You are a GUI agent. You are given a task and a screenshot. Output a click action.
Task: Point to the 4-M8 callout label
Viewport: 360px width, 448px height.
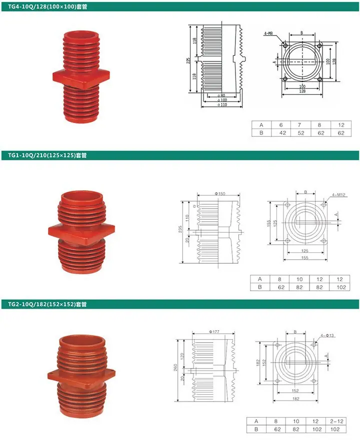click(268, 33)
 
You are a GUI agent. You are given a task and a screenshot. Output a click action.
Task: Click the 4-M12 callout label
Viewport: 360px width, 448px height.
click(338, 195)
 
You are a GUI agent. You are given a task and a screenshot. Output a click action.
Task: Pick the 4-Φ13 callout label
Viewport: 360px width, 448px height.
click(327, 336)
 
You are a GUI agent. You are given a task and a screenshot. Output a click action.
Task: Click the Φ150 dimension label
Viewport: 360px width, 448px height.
click(220, 194)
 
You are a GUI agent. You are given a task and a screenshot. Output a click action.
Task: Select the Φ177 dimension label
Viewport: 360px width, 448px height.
click(214, 332)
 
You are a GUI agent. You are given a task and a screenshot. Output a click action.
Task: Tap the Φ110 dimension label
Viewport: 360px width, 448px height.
click(222, 104)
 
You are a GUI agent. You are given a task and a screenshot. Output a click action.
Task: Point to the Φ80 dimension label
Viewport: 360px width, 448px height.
click(221, 95)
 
